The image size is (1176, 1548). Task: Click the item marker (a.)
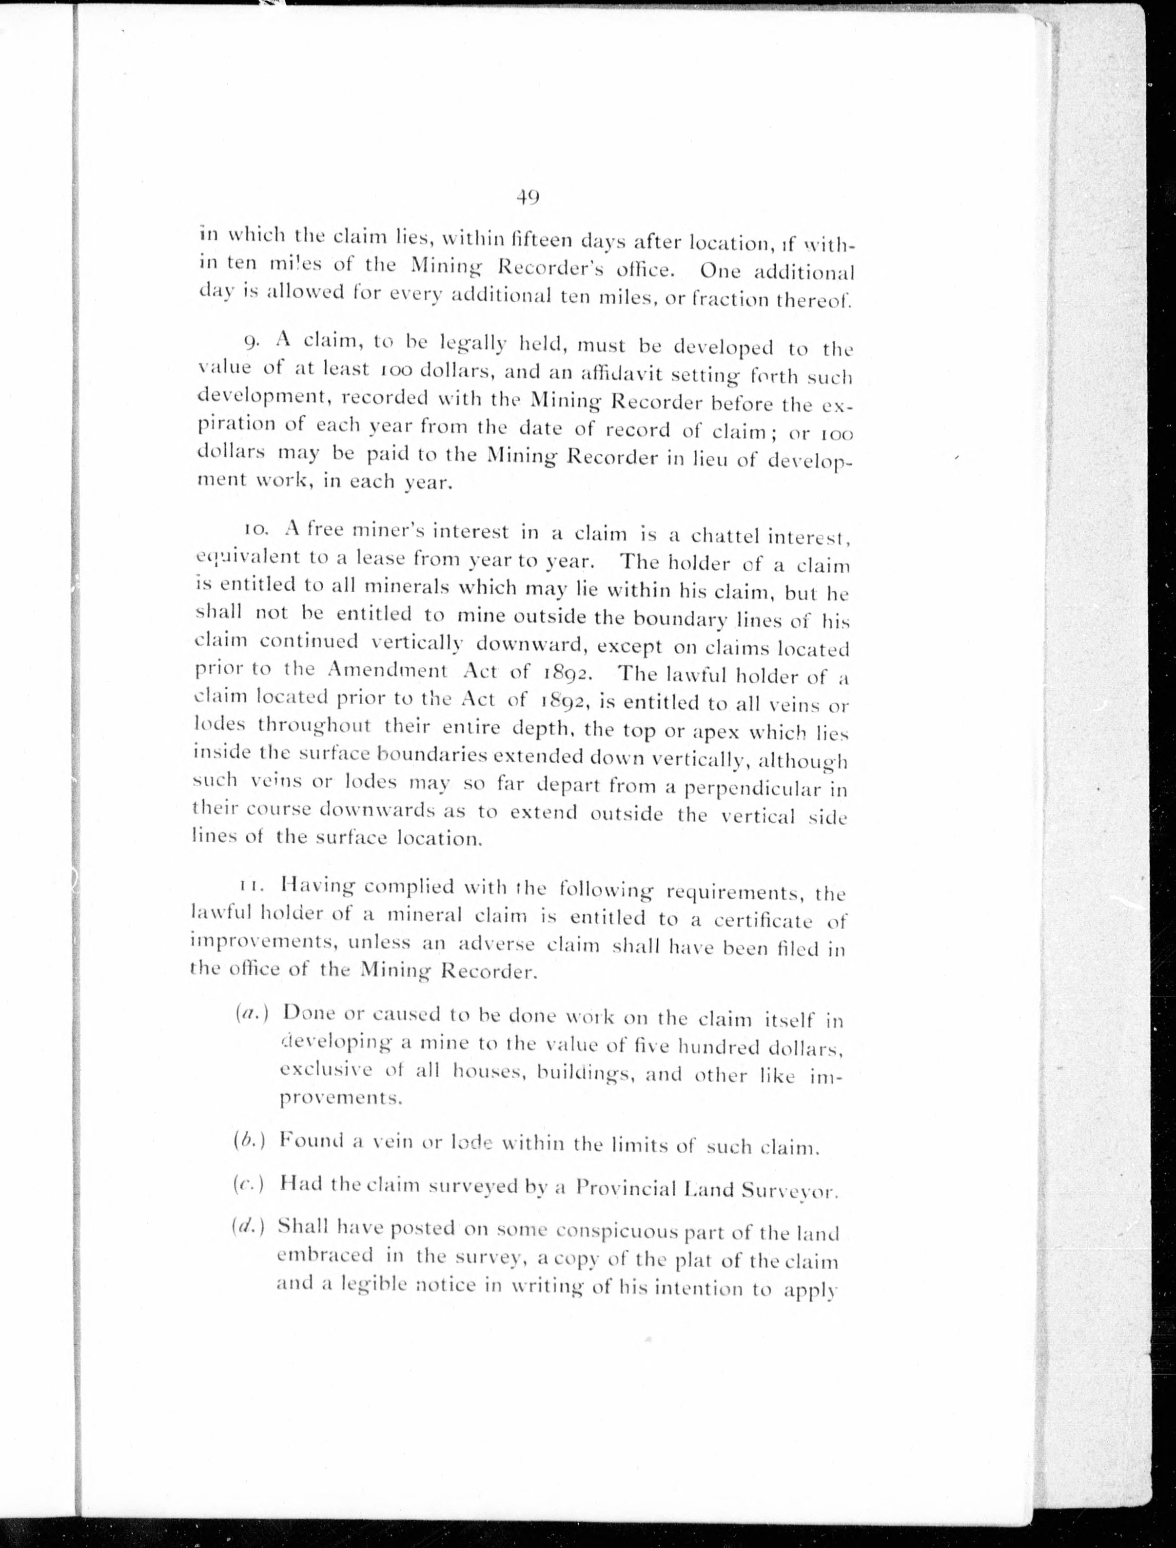click(253, 1013)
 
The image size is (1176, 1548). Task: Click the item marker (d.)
click(249, 1227)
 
